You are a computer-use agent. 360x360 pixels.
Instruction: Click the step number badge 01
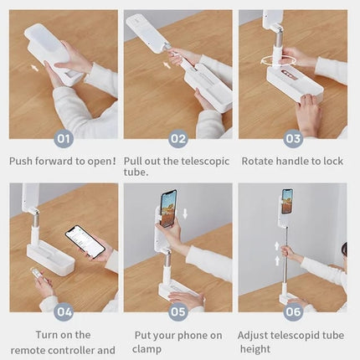[x=64, y=139]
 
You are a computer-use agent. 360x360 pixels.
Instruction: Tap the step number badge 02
[x=178, y=139]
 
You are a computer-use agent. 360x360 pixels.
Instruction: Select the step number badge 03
[x=292, y=139]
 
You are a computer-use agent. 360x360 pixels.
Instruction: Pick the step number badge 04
[x=64, y=312]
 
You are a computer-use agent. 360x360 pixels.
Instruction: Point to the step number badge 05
[x=178, y=312]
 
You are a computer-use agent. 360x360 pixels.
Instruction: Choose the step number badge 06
[x=292, y=312]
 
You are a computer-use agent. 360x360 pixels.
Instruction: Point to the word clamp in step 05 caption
[x=147, y=349]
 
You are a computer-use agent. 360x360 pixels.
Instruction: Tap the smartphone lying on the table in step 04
[x=85, y=241]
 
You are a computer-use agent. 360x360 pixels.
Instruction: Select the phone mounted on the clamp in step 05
[x=168, y=208]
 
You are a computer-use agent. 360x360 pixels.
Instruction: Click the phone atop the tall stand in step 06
[x=287, y=201]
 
